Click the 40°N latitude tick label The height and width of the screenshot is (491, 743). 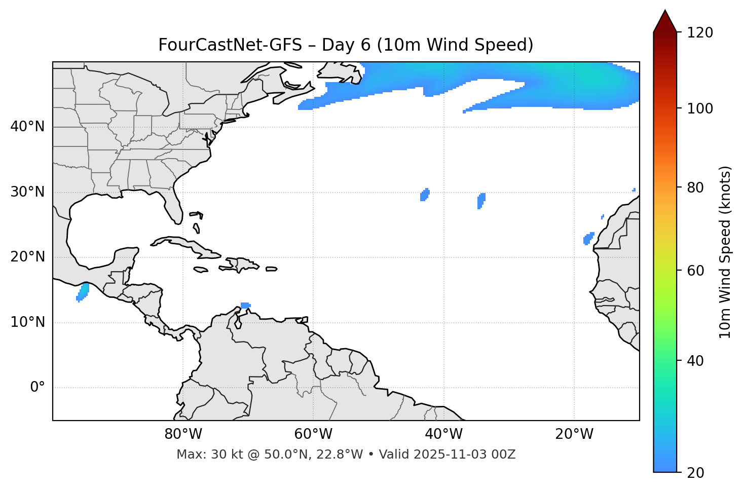(27, 127)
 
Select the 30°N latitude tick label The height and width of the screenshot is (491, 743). (27, 192)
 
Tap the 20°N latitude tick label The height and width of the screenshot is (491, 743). (27, 257)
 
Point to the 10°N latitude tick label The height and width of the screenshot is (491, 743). (27, 322)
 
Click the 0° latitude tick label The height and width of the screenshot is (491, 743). (38, 388)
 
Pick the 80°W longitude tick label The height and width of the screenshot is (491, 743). (183, 434)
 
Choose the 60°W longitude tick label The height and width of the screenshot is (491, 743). (313, 434)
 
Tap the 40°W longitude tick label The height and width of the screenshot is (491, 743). (443, 434)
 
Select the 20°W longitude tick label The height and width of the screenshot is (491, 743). (574, 434)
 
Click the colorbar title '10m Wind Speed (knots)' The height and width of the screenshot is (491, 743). (726, 252)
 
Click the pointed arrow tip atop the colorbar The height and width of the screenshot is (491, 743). (665, 12)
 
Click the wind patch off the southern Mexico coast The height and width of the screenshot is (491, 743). (83, 292)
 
